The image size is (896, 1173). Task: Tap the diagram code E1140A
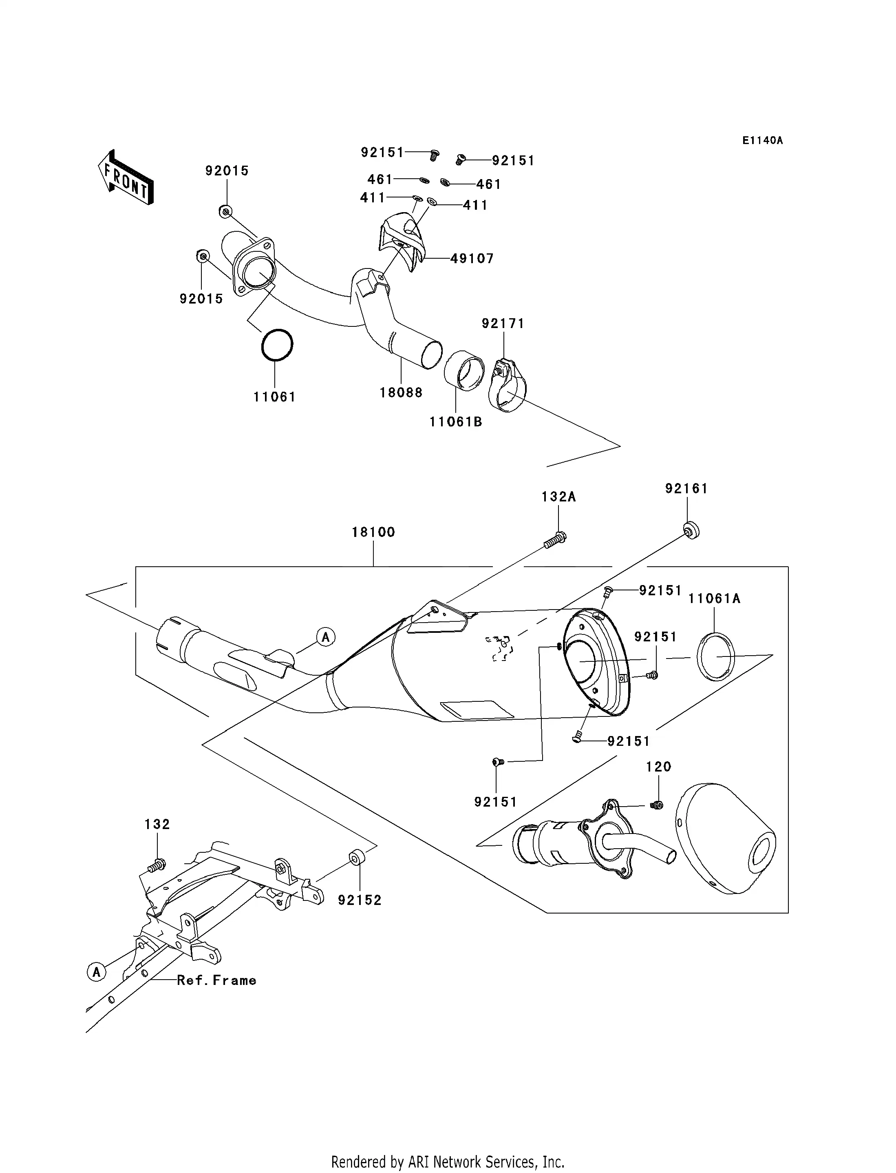click(x=762, y=140)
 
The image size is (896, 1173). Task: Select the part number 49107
click(x=472, y=259)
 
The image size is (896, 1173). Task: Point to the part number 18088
click(x=401, y=393)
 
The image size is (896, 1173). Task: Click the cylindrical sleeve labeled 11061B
click(x=465, y=370)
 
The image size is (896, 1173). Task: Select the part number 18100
click(x=373, y=532)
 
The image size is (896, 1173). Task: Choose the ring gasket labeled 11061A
click(x=716, y=656)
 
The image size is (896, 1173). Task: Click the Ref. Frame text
click(x=216, y=980)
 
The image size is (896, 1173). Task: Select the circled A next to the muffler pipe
click(x=325, y=636)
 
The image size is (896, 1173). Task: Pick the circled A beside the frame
click(x=97, y=972)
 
